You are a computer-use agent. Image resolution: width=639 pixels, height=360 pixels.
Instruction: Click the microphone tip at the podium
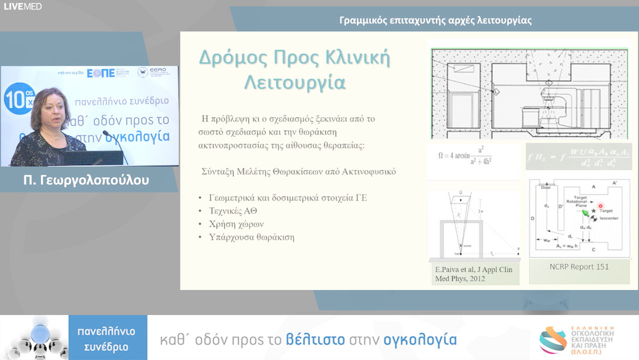(x=105, y=133)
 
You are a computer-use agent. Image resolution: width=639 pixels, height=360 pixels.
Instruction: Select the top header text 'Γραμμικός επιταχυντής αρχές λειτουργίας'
(x=435, y=20)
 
